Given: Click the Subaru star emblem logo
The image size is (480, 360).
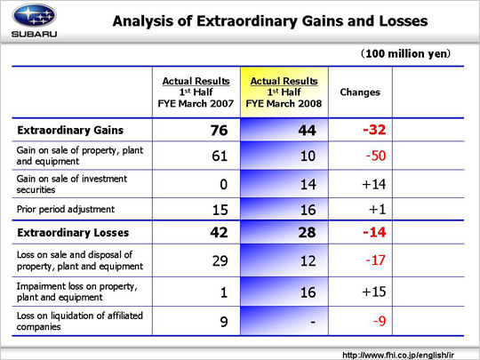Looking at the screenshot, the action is (34, 15).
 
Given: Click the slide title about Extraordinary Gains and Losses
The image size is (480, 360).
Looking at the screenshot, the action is (270, 21).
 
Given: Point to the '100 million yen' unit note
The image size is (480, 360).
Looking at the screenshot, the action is (405, 53).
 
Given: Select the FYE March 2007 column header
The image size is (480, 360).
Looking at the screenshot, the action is (196, 92).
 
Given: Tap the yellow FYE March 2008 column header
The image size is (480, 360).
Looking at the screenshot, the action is (284, 92).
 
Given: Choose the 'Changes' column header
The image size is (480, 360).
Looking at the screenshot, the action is (360, 92).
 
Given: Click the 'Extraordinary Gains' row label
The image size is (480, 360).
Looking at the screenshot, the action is (70, 130).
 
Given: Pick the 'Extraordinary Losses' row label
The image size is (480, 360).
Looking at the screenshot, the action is (73, 233).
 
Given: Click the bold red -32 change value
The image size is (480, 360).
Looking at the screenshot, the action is (374, 130).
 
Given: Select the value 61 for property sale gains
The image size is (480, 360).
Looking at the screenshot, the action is (220, 156).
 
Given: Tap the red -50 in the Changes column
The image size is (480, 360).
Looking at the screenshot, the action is (376, 156).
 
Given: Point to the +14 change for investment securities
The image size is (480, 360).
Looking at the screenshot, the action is (373, 184).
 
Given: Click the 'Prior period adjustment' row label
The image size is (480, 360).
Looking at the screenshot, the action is (66, 210).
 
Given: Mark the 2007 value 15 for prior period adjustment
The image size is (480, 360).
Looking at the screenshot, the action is (220, 210).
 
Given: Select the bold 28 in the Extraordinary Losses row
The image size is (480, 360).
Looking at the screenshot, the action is (307, 232).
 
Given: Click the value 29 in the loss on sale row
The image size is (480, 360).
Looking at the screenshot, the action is (220, 260).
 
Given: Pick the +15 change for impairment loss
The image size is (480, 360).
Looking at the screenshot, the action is (373, 292).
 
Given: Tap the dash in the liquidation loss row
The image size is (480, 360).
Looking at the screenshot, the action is (313, 322).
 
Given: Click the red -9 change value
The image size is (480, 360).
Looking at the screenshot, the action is (380, 321).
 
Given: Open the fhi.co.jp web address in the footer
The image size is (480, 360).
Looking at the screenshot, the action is (398, 355).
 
